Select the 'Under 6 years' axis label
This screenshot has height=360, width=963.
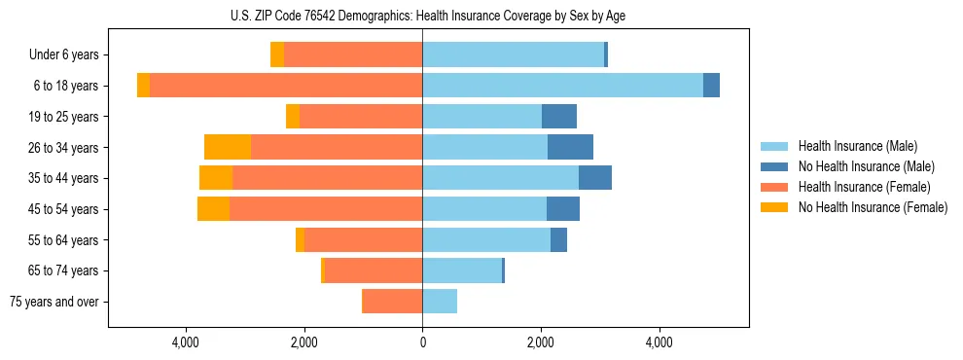point(63,55)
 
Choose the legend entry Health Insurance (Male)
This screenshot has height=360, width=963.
point(857,146)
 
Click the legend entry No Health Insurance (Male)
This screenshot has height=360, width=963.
point(866,166)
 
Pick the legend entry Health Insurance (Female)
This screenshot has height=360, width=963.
point(864,187)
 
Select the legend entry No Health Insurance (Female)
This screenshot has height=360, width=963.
point(873,207)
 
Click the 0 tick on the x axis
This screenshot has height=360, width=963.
point(422,342)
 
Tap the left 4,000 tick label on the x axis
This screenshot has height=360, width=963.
point(185,342)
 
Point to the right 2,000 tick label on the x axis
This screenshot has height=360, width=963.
point(541,342)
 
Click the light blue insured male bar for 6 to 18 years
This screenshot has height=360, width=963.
point(562,86)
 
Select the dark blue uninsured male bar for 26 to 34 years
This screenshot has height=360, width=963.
point(570,147)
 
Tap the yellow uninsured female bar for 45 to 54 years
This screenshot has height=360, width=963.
point(213,209)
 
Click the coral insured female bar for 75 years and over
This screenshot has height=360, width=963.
point(392,302)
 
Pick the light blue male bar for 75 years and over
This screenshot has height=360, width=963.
point(440,302)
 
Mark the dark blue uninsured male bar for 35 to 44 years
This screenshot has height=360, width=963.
point(595,178)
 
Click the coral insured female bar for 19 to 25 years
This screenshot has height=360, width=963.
point(361,117)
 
